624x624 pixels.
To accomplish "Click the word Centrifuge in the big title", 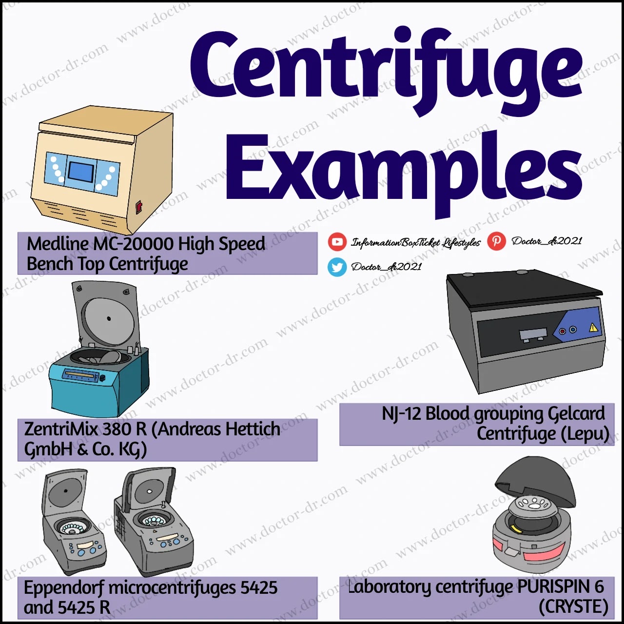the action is click(x=385, y=68).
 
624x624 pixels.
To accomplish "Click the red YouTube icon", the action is click(x=337, y=241).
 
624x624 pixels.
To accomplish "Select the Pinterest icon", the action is click(x=496, y=241).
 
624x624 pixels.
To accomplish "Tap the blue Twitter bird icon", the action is click(x=337, y=267).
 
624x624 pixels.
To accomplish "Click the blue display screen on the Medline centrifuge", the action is click(x=81, y=171).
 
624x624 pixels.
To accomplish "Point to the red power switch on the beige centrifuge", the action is click(x=138, y=207).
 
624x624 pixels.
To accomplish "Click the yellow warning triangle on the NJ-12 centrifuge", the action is click(x=593, y=328).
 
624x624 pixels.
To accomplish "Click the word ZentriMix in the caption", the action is click(x=61, y=429).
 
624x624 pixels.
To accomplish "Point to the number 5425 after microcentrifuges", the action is click(x=258, y=588).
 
